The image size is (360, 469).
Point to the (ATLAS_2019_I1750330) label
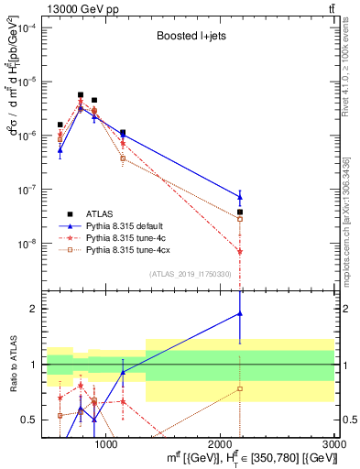(x=190, y=273)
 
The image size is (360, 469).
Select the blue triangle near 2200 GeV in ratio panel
(x=240, y=313)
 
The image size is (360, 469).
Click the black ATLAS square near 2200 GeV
(x=240, y=212)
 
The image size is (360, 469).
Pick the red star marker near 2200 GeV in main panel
(x=240, y=251)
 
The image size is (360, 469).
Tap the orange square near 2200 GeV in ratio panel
(x=240, y=388)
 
